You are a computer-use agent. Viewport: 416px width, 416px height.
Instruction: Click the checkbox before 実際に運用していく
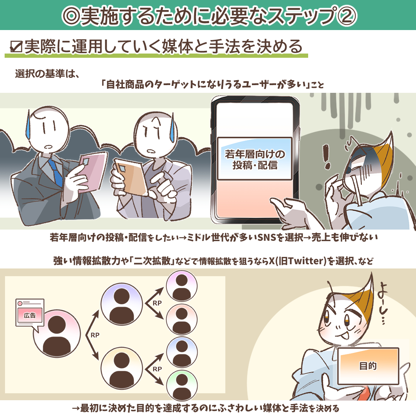(16, 47)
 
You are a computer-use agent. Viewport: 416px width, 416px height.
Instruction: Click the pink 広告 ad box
(30, 315)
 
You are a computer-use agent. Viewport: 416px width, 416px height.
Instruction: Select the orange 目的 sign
(368, 366)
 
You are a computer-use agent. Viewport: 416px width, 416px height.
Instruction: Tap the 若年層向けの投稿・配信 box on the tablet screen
(255, 159)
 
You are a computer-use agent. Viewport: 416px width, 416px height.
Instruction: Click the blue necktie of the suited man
(56, 172)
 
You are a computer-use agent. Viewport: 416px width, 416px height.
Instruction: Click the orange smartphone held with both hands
(131, 176)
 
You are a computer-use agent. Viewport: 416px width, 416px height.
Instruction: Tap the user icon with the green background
(182, 386)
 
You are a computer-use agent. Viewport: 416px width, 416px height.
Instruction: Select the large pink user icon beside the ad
(57, 333)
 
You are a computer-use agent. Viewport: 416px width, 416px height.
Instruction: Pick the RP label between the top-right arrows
(157, 303)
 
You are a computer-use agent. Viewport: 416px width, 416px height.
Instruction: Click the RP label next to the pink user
(95, 335)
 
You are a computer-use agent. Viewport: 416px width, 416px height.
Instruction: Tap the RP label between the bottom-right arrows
(157, 369)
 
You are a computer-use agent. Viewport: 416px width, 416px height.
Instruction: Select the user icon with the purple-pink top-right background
(182, 286)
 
